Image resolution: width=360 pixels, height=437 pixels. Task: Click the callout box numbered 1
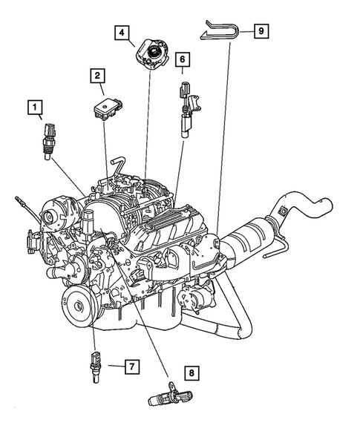(34, 108)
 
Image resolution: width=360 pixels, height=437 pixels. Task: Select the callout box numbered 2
(98, 75)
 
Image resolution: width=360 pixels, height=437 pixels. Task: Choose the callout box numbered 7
(130, 366)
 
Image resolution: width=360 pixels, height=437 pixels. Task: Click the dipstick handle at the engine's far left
(18, 200)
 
